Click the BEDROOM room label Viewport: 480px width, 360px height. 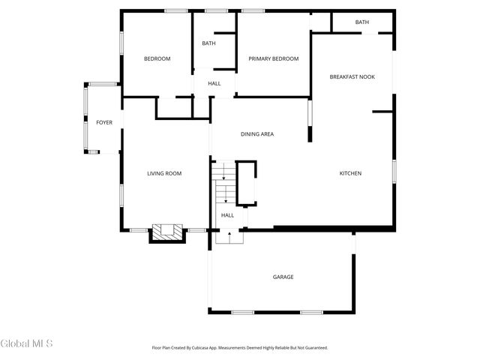pos(157,58)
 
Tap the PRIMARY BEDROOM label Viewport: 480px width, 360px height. pos(274,58)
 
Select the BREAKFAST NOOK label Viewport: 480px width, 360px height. pos(352,76)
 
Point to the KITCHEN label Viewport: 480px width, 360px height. pos(350,173)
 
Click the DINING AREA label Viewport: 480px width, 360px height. pos(256,134)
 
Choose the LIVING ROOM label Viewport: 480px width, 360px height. pos(164,173)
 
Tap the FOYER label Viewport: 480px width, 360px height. pos(104,122)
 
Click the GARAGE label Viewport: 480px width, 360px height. pos(283,277)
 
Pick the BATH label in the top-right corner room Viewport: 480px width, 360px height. pos(362,22)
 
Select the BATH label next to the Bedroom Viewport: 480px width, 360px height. pos(208,43)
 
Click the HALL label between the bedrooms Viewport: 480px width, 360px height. pos(214,83)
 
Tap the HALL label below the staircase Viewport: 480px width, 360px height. pos(227,215)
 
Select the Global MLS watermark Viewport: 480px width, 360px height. pos(26,343)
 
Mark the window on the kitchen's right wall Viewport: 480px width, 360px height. pos(393,171)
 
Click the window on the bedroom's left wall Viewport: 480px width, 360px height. pos(121,43)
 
